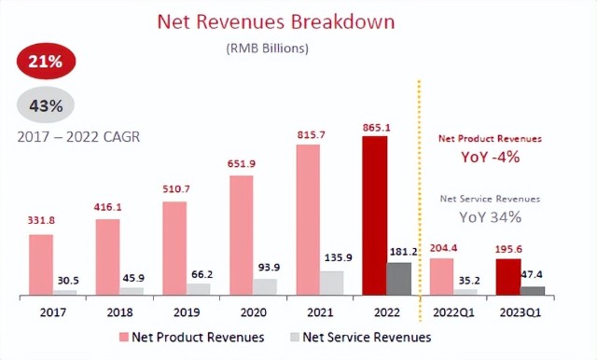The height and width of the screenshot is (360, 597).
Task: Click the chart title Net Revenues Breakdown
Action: tap(276, 21)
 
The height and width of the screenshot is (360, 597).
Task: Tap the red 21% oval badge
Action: tap(46, 61)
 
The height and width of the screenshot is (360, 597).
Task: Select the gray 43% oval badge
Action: tap(46, 105)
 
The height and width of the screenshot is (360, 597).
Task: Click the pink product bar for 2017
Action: tap(41, 265)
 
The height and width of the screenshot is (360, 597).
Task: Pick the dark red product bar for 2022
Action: tap(375, 215)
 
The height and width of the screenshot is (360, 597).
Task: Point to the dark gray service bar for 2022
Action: tap(399, 279)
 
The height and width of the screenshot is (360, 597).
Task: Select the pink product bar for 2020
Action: tap(242, 235)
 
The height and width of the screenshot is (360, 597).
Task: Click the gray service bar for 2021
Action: tap(332, 283)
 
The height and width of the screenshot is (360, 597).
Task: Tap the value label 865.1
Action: tap(377, 128)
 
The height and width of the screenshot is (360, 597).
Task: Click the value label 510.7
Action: tap(176, 188)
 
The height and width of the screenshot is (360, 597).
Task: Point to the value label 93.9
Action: tap(269, 267)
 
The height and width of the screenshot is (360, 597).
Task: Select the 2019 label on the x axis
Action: tap(187, 312)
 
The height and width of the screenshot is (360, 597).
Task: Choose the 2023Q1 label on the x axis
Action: tap(521, 312)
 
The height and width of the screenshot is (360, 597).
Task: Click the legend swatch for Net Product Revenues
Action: tap(124, 338)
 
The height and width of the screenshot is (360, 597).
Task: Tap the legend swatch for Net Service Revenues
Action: tap(295, 338)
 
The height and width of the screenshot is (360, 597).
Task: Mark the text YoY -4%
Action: tap(491, 157)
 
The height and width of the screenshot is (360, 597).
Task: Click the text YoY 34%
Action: tap(490, 217)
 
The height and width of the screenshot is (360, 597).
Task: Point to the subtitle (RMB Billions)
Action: tap(268, 48)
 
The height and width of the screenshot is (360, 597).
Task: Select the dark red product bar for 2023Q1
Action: tap(508, 277)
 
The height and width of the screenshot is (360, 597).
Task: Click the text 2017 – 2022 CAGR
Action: tap(78, 136)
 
